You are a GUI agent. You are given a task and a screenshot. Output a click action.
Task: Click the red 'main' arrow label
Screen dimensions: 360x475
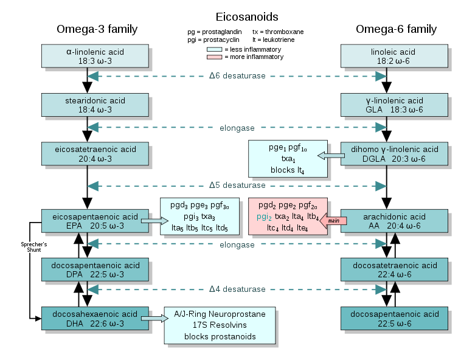(x=333, y=220)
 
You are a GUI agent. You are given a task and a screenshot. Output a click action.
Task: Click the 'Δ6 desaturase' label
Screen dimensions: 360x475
(x=237, y=76)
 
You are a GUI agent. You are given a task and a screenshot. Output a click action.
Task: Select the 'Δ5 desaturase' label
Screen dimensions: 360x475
(x=237, y=185)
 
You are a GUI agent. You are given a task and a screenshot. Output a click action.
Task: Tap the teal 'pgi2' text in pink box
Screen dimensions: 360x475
(x=265, y=216)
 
